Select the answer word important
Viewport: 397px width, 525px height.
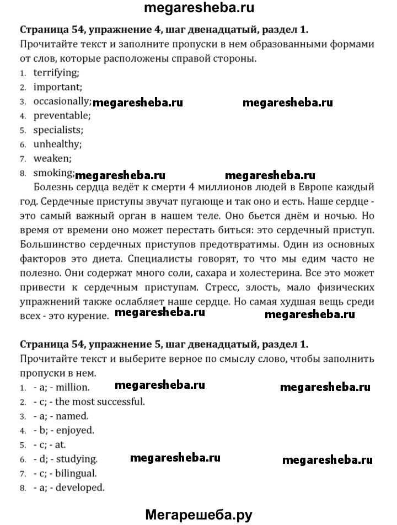tap(57, 87)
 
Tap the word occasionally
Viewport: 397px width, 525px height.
tap(62, 101)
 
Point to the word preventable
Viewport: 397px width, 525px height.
tap(61, 115)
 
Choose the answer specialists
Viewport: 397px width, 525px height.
tap(58, 130)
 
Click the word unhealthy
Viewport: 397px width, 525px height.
tap(57, 144)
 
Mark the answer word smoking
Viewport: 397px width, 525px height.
tap(53, 173)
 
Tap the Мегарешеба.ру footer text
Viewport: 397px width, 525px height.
tap(198, 515)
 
